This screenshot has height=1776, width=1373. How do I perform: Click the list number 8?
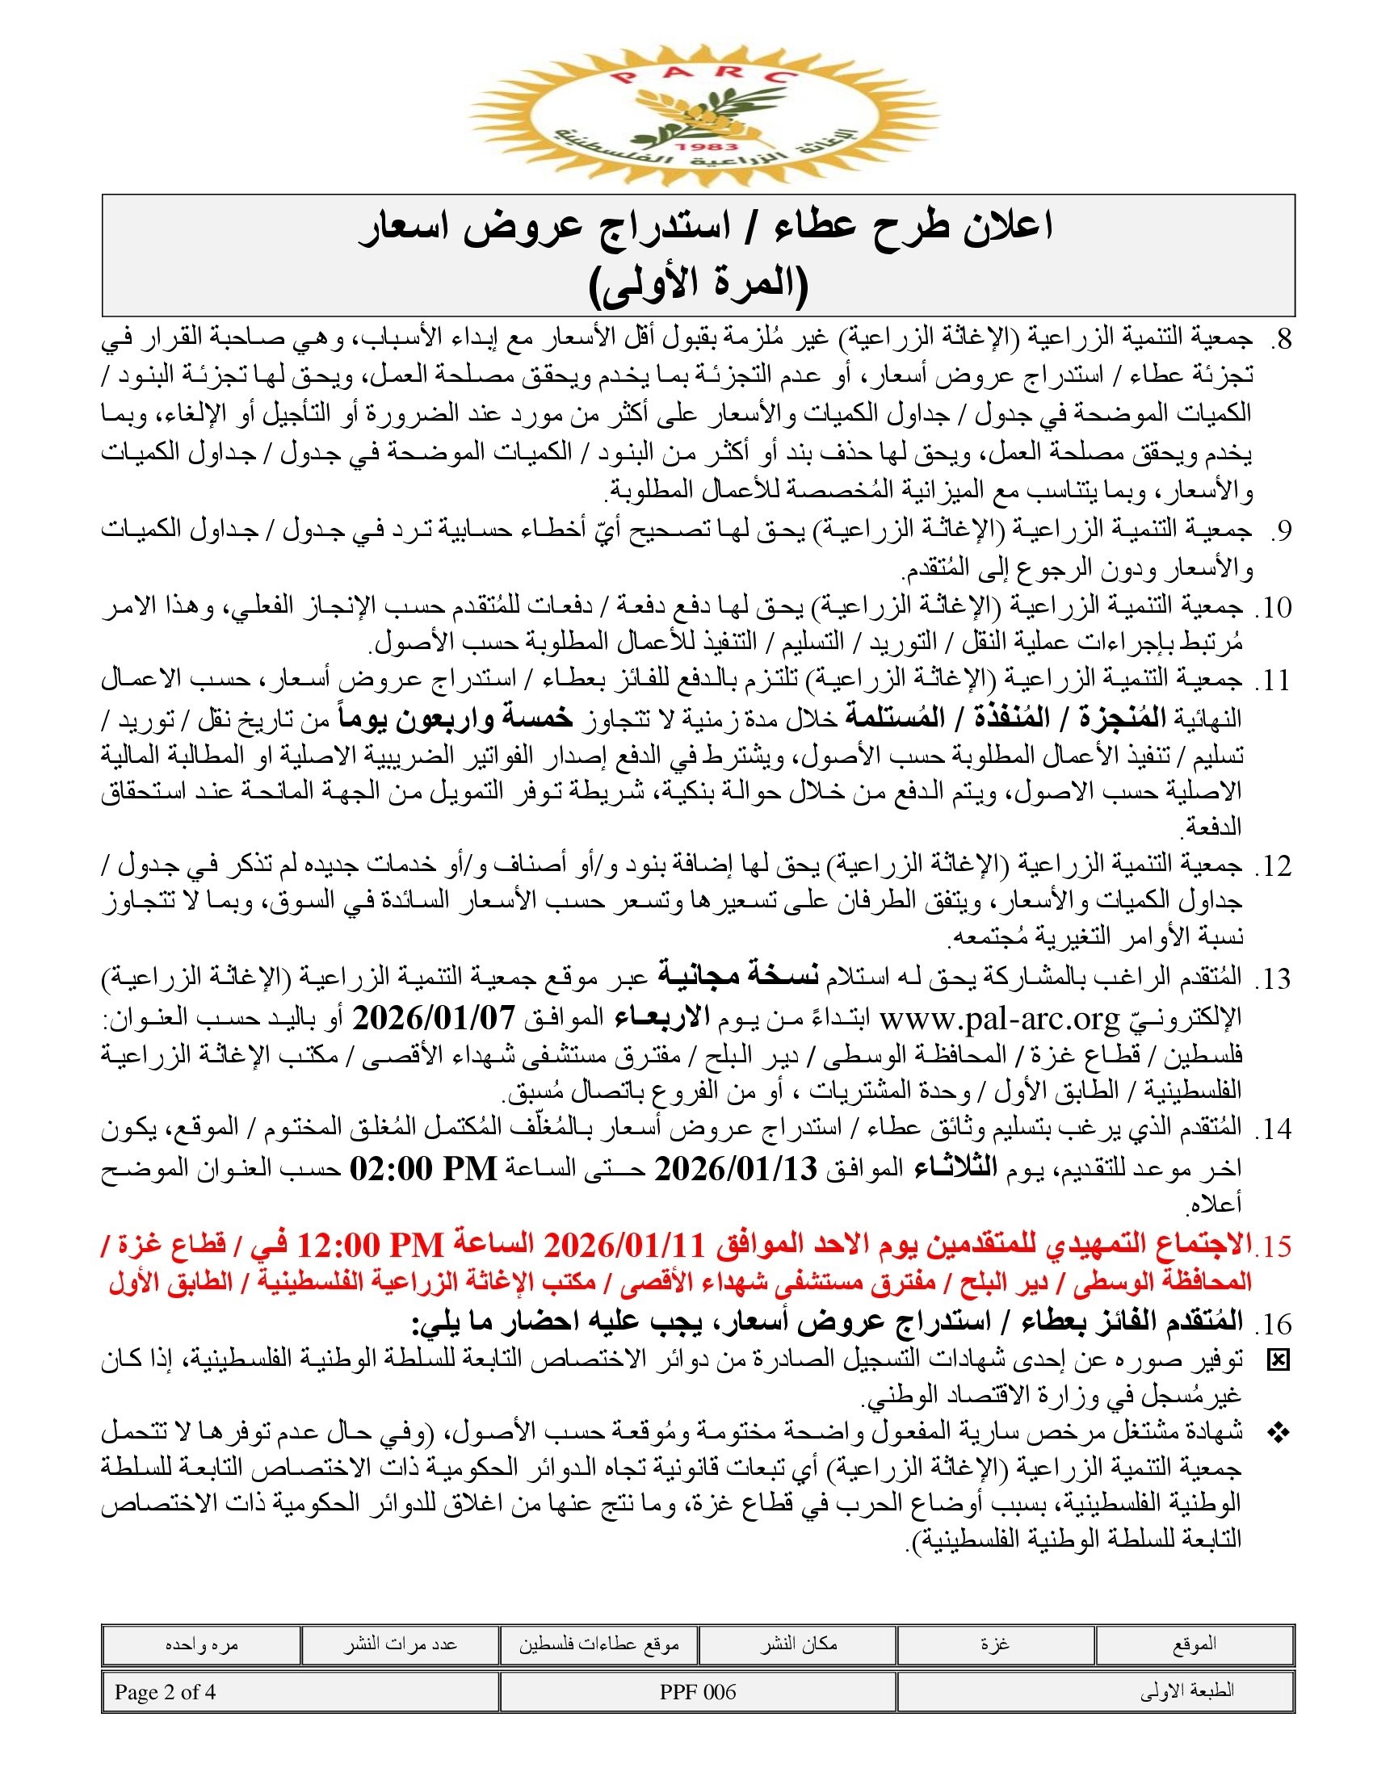click(1280, 340)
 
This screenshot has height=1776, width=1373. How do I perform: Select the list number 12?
click(1274, 867)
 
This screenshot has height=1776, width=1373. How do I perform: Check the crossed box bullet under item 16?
click(1279, 1359)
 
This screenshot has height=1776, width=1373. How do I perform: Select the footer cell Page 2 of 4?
click(165, 1692)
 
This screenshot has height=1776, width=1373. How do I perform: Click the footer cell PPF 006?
click(697, 1692)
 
